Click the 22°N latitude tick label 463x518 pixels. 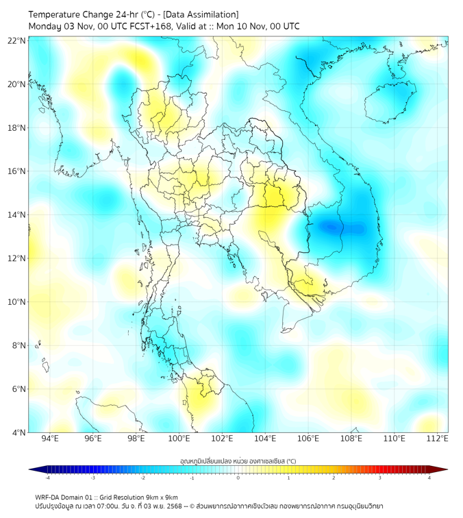[x=17, y=40]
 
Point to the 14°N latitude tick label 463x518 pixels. [x=17, y=215]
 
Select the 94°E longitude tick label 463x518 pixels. [x=50, y=439]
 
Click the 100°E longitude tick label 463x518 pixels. [x=179, y=439]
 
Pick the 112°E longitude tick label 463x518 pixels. [x=438, y=439]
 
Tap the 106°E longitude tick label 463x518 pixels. [x=308, y=439]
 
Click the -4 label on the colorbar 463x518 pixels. [x=47, y=478]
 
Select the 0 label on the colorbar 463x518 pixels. [x=238, y=478]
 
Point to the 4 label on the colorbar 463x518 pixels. [x=429, y=478]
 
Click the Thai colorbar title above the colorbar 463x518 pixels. [x=238, y=461]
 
